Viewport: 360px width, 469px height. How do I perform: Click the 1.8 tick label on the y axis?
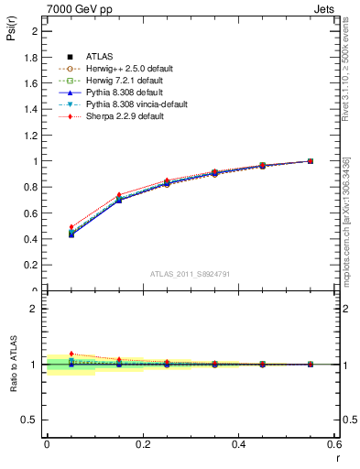click(x=31, y=57)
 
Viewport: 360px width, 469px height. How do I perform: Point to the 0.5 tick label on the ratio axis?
click(x=29, y=420)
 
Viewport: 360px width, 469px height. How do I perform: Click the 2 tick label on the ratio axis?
click(x=34, y=309)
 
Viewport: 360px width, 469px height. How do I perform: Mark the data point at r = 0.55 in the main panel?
click(x=311, y=161)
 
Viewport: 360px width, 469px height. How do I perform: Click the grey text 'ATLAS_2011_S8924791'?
click(x=183, y=274)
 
